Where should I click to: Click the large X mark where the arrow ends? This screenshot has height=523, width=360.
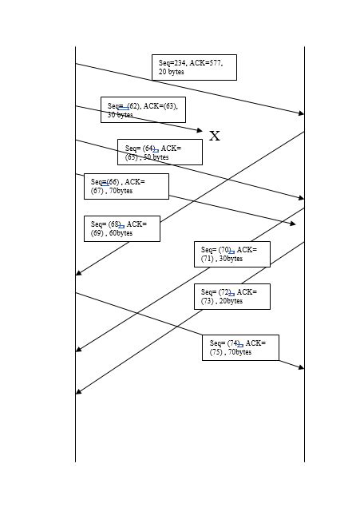coord(214,136)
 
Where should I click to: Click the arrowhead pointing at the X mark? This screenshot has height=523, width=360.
coord(200,129)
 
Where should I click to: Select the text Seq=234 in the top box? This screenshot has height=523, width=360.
coord(172,62)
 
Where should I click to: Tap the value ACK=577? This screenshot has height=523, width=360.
coord(206,62)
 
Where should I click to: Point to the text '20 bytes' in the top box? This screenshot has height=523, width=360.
coord(171,72)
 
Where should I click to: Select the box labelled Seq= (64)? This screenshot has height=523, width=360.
coord(160,152)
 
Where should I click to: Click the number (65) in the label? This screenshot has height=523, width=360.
coord(132,157)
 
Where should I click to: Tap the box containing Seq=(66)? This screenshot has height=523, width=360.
coord(126,186)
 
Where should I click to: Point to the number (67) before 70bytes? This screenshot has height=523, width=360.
coord(98,191)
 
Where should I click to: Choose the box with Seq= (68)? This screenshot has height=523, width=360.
coord(121,228)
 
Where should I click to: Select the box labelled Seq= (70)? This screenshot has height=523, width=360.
coord(231,254)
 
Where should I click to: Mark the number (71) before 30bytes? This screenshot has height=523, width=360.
coord(208,259)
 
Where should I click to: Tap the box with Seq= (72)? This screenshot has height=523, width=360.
coord(231,296)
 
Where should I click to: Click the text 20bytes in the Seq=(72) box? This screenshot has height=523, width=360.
coord(230,301)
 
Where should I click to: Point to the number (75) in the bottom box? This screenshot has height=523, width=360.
coord(216,351)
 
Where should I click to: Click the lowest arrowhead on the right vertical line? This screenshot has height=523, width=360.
coord(301,367)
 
